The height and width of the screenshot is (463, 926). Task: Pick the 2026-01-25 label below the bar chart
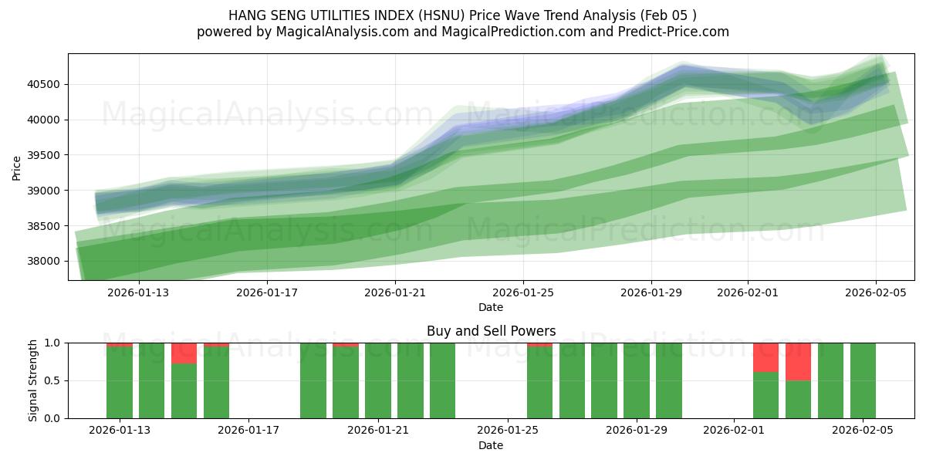pyautogui.click(x=508, y=431)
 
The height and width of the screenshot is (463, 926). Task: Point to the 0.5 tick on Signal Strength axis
pyautogui.click(x=52, y=380)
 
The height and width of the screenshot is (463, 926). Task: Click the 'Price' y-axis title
pyautogui.click(x=17, y=167)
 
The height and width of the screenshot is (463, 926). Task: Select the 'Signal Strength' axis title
pyautogui.click(x=32, y=380)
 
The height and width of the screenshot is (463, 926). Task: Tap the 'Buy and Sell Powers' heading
pyautogui.click(x=491, y=331)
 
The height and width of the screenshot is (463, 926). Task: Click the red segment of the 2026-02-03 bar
pyautogui.click(x=798, y=361)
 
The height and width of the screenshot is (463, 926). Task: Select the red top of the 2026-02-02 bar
pyautogui.click(x=765, y=357)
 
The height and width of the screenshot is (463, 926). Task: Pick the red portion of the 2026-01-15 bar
pyautogui.click(x=184, y=353)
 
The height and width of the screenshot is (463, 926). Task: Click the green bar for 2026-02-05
pyautogui.click(x=863, y=380)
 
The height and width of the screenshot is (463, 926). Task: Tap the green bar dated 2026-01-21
pyautogui.click(x=378, y=380)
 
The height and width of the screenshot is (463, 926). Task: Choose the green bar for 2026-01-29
pyautogui.click(x=637, y=380)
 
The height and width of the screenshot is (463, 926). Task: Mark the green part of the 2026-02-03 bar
pyautogui.click(x=798, y=400)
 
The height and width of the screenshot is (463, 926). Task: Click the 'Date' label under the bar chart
pyautogui.click(x=491, y=445)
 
